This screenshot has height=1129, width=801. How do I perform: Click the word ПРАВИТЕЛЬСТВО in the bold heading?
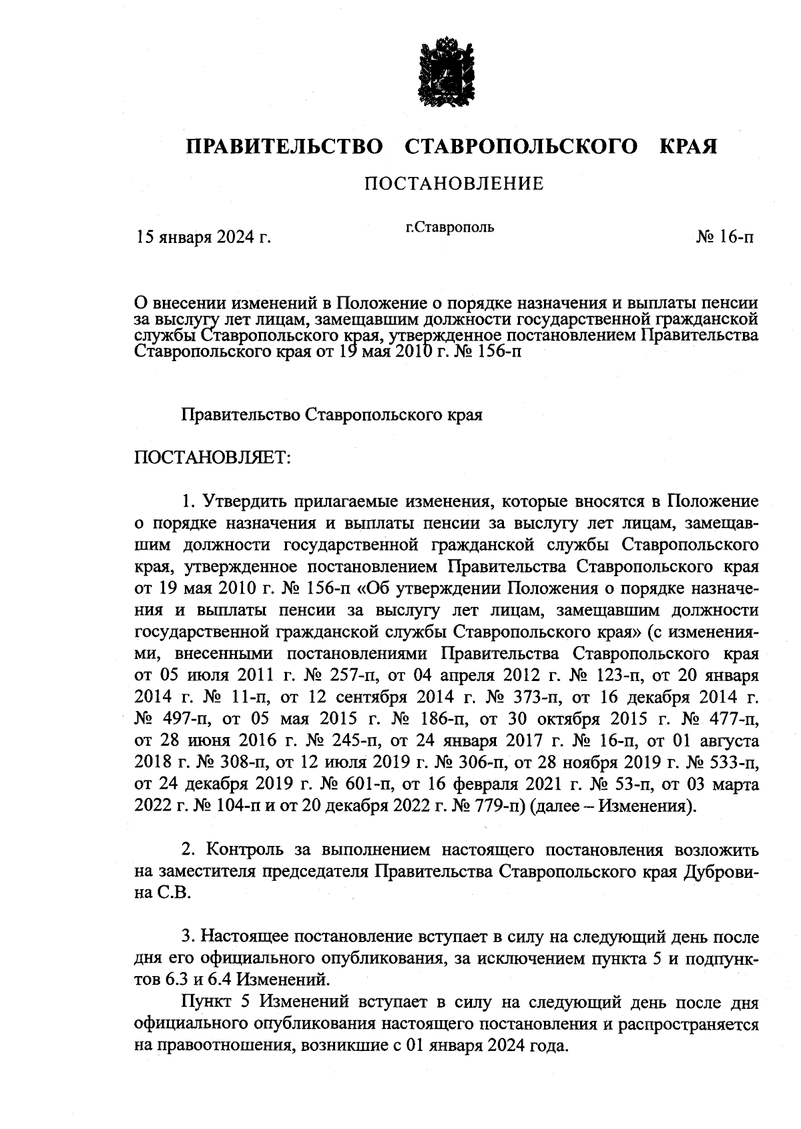tap(284, 146)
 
